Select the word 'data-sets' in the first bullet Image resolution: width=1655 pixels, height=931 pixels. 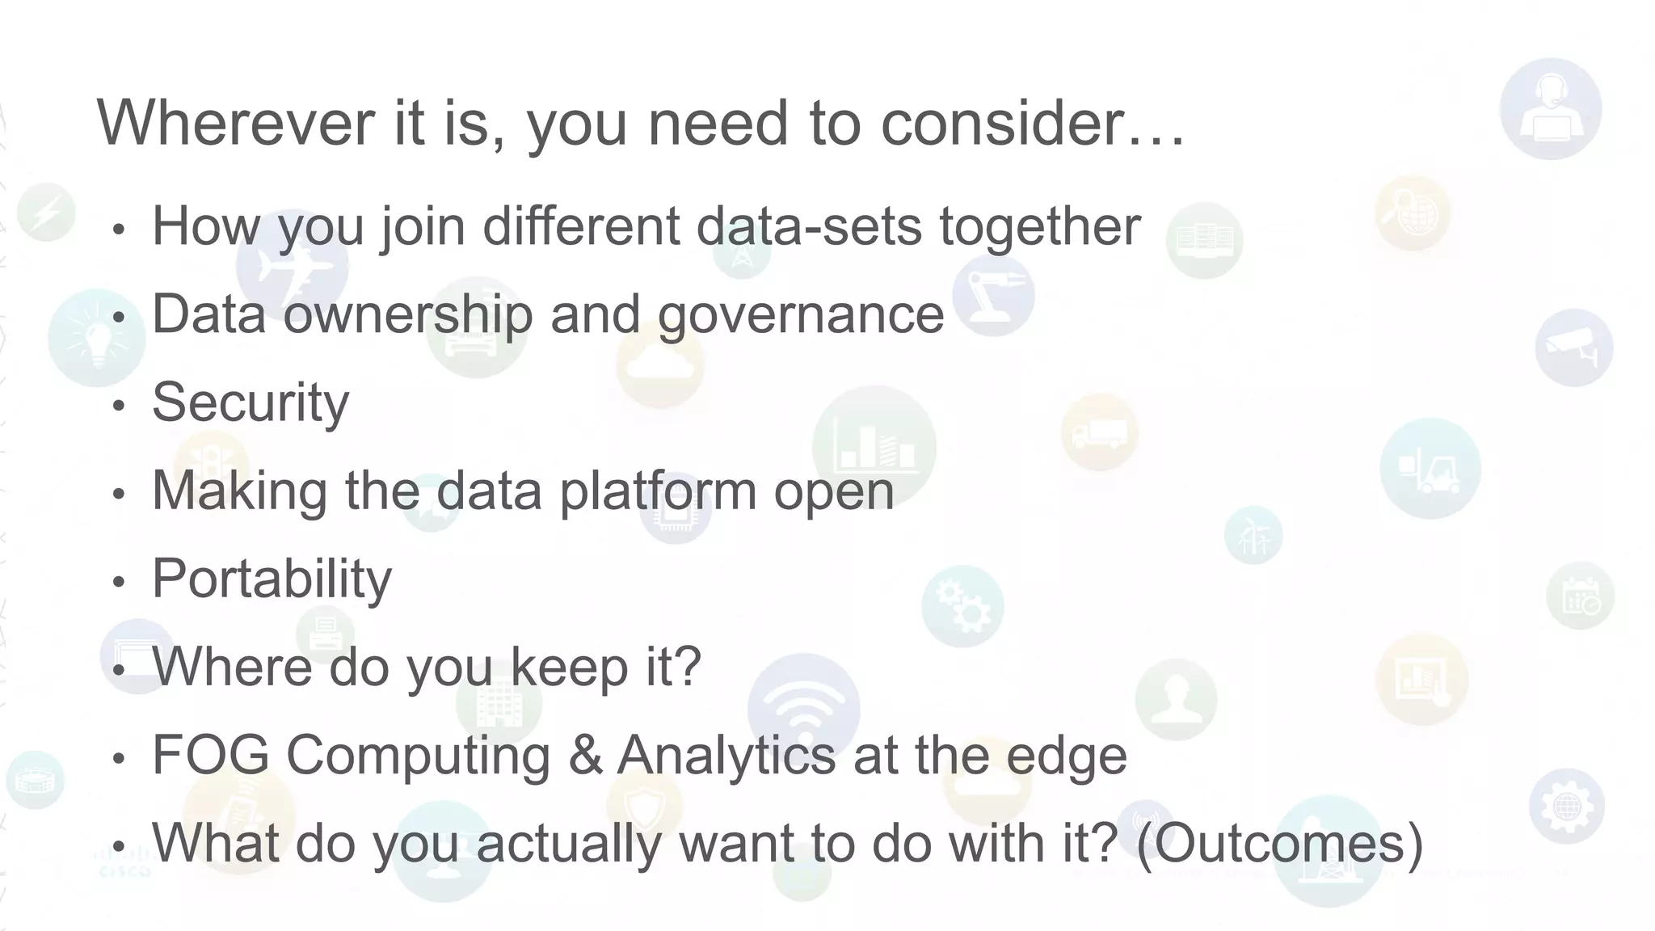(x=808, y=225)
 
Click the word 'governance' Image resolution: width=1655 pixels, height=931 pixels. (x=800, y=315)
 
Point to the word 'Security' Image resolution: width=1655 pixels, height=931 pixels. (x=251, y=402)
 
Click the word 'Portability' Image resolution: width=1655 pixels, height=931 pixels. (x=272, y=579)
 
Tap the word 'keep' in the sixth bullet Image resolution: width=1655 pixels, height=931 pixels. (x=569, y=667)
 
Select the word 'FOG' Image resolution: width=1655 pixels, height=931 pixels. (x=210, y=755)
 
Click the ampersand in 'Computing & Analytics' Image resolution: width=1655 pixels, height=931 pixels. (x=586, y=755)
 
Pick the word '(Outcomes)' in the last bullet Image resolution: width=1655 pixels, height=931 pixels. (x=1278, y=843)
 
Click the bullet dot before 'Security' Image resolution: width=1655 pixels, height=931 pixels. (x=120, y=405)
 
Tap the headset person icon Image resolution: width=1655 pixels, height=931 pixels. (x=1550, y=109)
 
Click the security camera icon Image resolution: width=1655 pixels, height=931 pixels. (x=1573, y=348)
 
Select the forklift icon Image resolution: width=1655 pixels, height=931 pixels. (x=1430, y=469)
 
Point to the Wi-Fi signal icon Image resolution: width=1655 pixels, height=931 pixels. (x=803, y=708)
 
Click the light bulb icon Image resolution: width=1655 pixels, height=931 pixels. (x=96, y=338)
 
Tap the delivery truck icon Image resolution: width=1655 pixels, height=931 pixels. (x=1099, y=433)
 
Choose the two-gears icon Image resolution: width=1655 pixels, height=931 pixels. (x=962, y=606)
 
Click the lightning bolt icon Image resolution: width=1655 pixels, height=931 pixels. (x=47, y=213)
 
